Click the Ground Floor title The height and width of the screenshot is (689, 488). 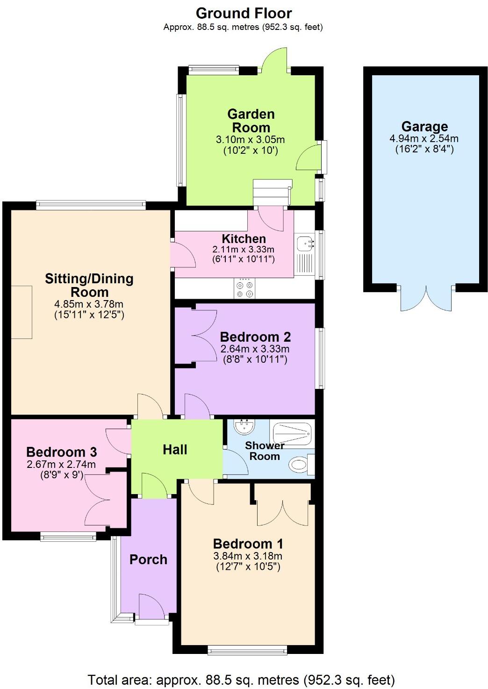[244, 13]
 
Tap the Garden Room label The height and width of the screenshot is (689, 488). [251, 121]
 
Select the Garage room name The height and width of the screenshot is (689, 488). [424, 126]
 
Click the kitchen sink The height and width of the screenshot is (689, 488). [305, 244]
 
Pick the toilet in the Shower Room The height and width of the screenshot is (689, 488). [300, 464]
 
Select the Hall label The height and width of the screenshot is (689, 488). [175, 450]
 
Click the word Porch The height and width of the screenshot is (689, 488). [148, 559]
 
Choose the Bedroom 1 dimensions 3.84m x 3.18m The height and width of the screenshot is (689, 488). [248, 556]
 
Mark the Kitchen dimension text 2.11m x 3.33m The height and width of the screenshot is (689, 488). [243, 249]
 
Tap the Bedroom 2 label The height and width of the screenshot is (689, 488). [255, 337]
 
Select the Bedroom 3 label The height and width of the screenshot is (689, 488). [61, 452]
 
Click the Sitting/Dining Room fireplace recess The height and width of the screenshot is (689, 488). [22, 312]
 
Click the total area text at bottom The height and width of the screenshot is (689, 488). [241, 679]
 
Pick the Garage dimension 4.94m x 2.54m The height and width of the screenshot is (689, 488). [424, 138]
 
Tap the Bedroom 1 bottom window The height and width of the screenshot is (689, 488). [247, 649]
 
